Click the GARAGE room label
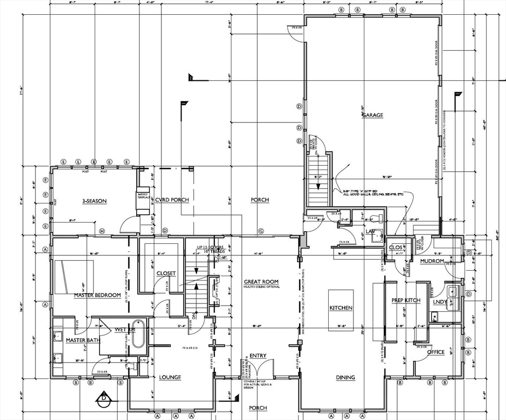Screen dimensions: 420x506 click(x=372, y=115)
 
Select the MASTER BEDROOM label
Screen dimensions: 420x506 click(x=97, y=295)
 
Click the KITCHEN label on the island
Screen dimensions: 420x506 click(x=341, y=308)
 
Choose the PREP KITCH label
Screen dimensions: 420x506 click(x=405, y=300)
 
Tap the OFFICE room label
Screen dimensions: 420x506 click(x=436, y=352)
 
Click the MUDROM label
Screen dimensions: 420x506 click(x=432, y=261)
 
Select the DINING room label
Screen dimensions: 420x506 click(x=346, y=377)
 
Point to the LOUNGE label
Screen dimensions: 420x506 click(x=170, y=377)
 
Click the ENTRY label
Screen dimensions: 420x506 click(x=258, y=356)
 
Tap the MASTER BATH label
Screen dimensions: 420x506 click(x=82, y=340)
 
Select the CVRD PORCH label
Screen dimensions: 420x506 click(x=171, y=200)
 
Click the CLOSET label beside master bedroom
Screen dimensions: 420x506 click(x=166, y=273)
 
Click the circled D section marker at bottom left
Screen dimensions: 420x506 click(x=103, y=398)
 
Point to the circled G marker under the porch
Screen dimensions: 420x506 click(x=261, y=231)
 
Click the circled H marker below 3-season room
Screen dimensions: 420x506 click(x=102, y=231)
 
